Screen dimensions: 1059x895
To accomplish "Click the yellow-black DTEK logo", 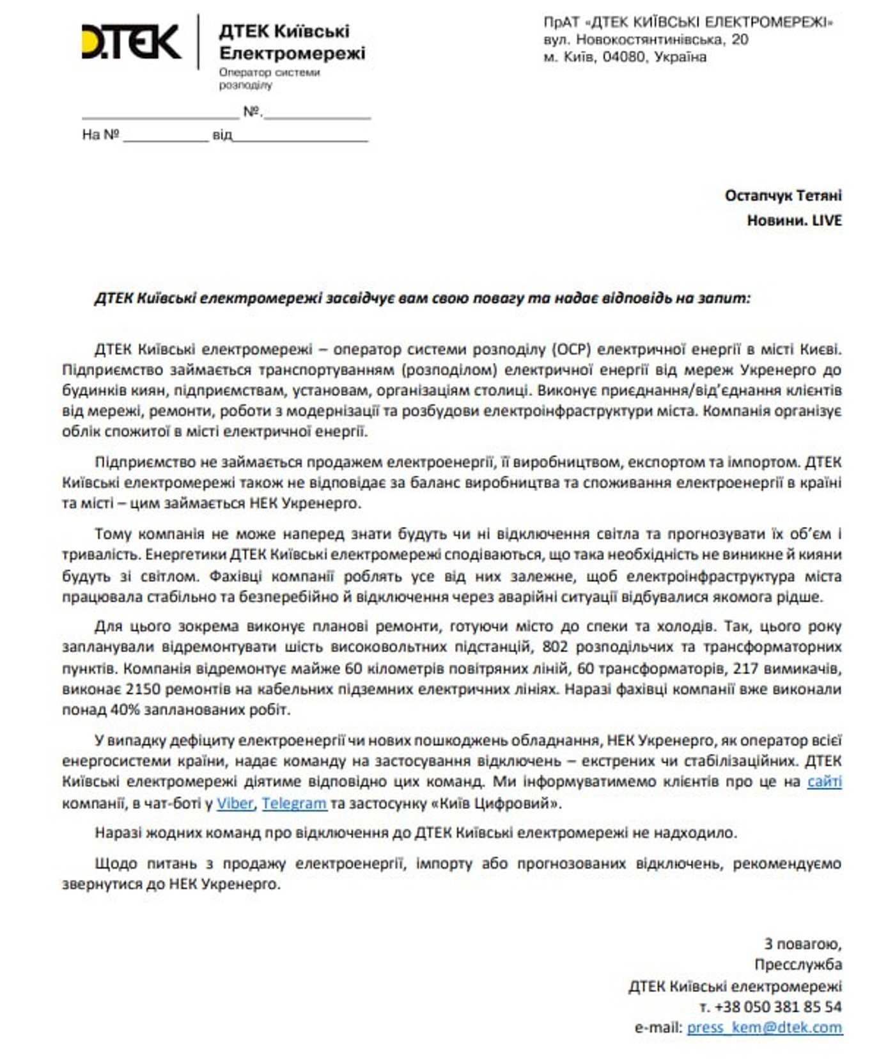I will click(132, 42).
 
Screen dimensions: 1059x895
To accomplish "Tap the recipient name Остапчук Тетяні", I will click(782, 195).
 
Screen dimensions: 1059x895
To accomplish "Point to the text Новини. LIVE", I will click(794, 221).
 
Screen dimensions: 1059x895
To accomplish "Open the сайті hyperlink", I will click(824, 781).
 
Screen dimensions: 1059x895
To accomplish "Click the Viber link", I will click(235, 803).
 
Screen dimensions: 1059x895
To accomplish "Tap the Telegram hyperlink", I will click(294, 803).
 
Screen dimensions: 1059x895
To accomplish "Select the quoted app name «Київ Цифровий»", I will click(501, 803).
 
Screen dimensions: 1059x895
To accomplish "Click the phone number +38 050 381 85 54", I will click(777, 1007).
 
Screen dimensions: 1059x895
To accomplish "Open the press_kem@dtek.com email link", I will click(765, 1028).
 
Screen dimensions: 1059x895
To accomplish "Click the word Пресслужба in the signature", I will click(797, 964).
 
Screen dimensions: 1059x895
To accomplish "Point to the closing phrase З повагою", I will click(802, 943).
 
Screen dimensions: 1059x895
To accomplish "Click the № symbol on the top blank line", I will click(252, 113).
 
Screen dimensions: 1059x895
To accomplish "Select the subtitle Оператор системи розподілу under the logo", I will click(269, 78).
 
